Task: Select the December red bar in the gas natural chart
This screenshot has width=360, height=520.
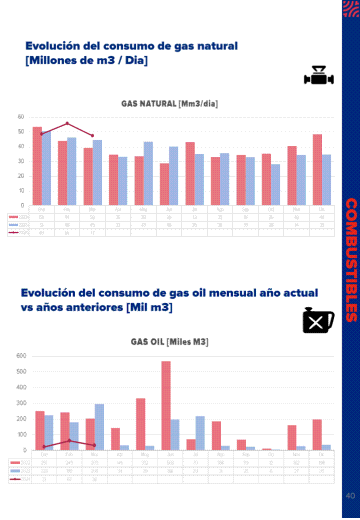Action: [317, 170]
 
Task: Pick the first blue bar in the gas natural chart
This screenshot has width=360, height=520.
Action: [46, 168]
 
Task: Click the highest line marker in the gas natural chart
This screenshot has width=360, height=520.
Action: [67, 123]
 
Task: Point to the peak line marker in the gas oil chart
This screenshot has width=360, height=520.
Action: [69, 440]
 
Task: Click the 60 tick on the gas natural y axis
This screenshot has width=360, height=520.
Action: [21, 117]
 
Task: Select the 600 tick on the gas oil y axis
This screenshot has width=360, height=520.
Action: [21, 356]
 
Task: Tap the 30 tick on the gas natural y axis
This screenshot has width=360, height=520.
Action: [21, 161]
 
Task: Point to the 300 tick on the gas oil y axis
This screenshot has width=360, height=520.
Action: [21, 403]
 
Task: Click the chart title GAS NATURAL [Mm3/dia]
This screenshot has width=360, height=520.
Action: [169, 104]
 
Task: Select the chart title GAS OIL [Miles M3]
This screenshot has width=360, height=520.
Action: [169, 342]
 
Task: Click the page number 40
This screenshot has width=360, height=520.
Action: [350, 496]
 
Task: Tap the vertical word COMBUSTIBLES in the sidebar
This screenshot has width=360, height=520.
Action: [351, 260]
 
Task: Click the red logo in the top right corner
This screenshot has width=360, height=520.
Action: [350, 9]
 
